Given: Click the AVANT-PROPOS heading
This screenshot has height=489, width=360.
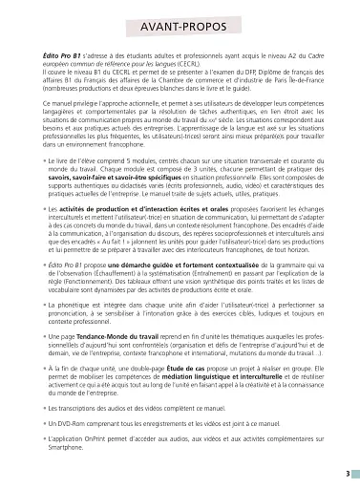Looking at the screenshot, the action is (180, 29).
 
